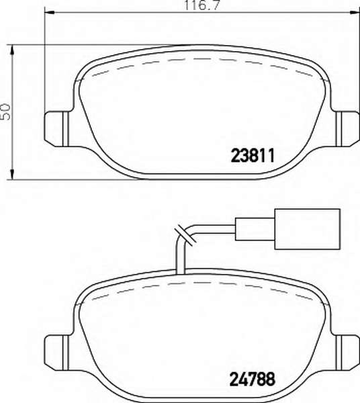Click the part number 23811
pos(253,155)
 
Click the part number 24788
pos(252,379)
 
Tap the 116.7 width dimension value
pos(202,5)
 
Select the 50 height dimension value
pos(5,111)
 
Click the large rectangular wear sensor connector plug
pos(308,229)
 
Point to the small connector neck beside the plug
pos(255,229)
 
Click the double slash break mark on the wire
pos(186,234)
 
